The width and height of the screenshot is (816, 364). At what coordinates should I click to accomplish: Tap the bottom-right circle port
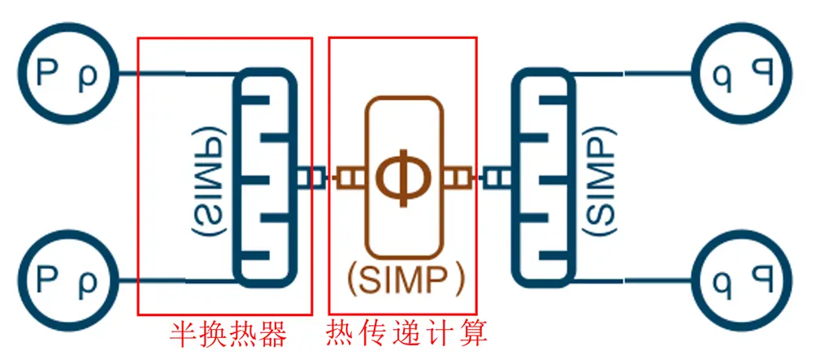coord(743,280)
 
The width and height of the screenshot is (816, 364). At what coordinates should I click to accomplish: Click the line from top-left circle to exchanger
coord(175,76)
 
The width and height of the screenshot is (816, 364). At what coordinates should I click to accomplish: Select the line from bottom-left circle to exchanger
coord(175,281)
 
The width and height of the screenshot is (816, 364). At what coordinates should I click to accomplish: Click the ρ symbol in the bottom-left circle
coord(86,282)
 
